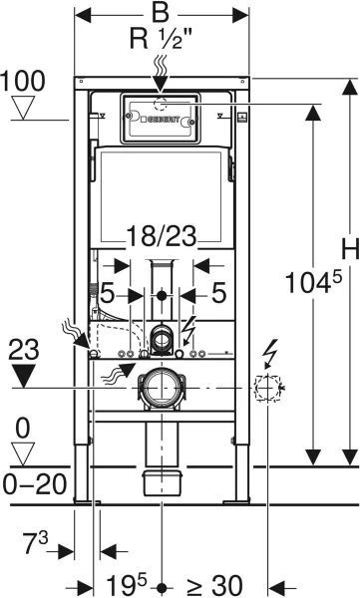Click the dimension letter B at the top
(161, 12)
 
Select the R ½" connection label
(161, 39)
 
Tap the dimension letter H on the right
(350, 250)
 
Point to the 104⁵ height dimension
(313, 282)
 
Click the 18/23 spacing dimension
(162, 236)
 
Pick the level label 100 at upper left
(23, 81)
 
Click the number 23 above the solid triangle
(24, 350)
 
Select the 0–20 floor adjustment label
(35, 484)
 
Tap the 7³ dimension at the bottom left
(36, 542)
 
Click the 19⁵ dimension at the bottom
(127, 585)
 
